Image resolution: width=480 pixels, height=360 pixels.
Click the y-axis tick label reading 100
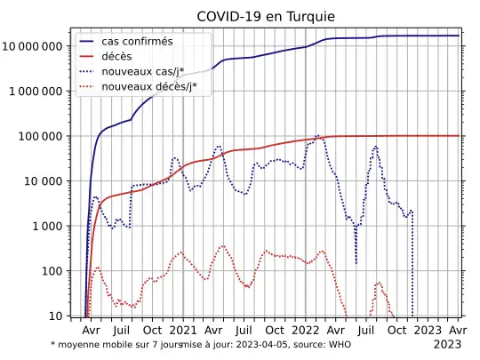[x=55, y=271]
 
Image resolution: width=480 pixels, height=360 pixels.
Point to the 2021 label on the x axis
[x=183, y=329]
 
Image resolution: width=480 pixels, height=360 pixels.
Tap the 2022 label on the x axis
[x=305, y=329]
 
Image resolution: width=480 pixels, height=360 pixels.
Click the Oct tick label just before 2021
[x=152, y=329]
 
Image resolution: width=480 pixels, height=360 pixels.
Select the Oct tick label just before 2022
[x=275, y=329]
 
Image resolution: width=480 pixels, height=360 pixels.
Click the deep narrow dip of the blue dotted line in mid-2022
[x=356, y=262]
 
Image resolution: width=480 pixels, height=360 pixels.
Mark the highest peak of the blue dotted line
[x=318, y=136]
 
